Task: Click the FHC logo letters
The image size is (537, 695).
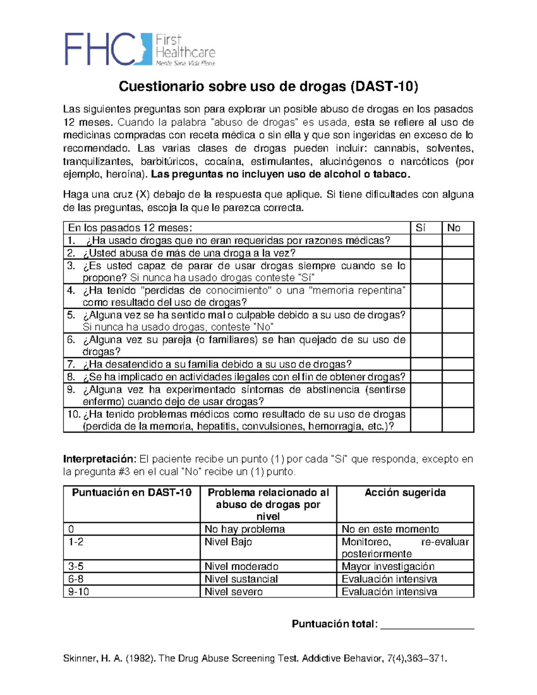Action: [x=100, y=49]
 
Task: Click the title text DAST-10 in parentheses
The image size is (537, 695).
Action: [x=383, y=86]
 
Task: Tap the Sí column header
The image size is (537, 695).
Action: [x=421, y=228]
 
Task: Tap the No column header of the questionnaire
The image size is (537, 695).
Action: [x=454, y=228]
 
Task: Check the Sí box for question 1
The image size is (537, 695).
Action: [x=426, y=241]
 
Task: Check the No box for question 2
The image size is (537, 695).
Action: [x=458, y=253]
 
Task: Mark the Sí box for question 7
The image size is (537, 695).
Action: [x=426, y=364]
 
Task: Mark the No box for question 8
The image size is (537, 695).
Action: [x=458, y=377]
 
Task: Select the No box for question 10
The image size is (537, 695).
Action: [x=458, y=420]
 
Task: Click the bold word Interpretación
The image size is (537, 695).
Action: [x=99, y=459]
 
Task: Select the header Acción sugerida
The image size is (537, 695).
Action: [x=405, y=493]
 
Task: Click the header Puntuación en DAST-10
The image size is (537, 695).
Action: [x=132, y=493]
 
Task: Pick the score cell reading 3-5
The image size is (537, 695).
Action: [x=76, y=567]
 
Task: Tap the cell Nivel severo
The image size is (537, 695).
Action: [x=234, y=592]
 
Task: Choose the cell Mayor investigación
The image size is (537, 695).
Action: [x=388, y=567]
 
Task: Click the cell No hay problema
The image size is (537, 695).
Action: [x=245, y=529]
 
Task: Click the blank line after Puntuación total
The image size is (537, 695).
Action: [x=427, y=625]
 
